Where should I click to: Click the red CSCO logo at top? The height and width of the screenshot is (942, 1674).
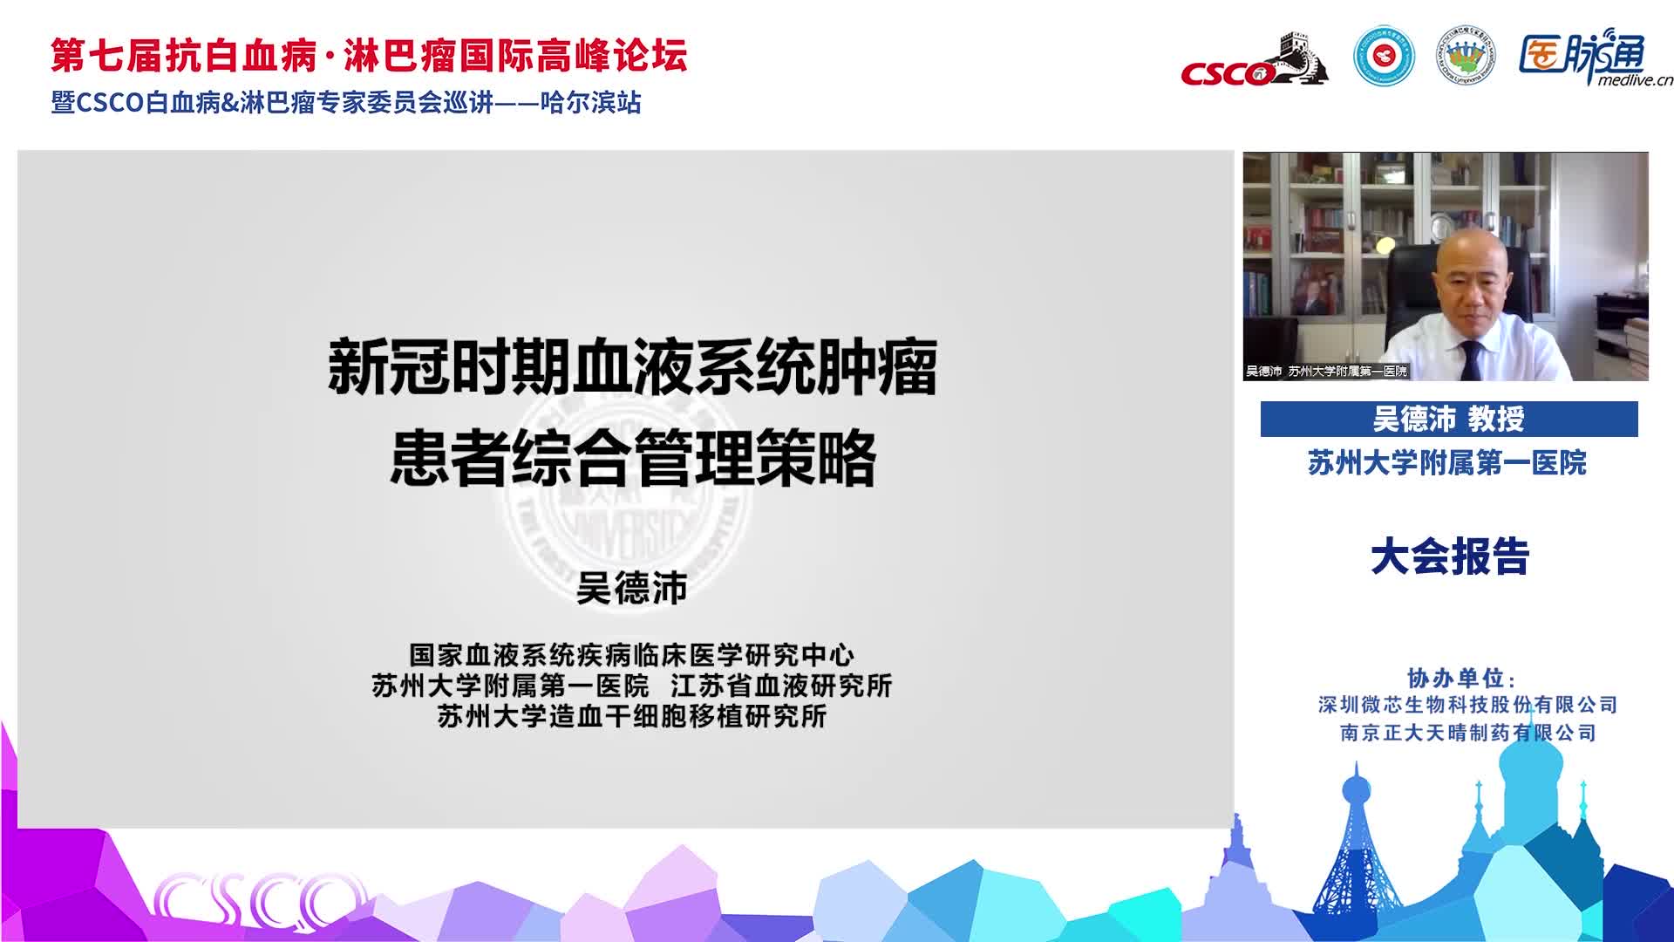1254,61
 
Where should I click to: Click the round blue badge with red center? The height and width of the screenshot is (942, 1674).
1384,57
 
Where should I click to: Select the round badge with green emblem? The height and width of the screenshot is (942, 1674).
1465,57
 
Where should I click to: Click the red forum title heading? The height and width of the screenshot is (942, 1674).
369,56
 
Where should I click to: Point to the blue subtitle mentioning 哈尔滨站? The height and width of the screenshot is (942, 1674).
346,103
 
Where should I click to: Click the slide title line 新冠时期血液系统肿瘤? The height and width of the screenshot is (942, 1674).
632,367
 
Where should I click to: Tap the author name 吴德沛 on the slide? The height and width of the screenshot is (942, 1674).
632,589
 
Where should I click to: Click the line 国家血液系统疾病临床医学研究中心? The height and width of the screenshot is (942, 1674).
632,655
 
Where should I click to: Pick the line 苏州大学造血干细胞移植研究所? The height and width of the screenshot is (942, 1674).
632,716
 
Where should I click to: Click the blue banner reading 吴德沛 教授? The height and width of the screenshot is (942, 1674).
1449,419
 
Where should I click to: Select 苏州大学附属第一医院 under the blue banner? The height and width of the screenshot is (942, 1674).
1447,462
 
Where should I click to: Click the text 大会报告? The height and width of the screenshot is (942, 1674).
1450,556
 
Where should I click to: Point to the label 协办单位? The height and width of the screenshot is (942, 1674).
1461,678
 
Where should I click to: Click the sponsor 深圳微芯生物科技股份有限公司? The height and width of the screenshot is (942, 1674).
1468,705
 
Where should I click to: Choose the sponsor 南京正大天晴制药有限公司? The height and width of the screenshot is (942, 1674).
1468,733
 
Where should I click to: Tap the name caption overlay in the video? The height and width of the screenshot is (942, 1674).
1326,372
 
